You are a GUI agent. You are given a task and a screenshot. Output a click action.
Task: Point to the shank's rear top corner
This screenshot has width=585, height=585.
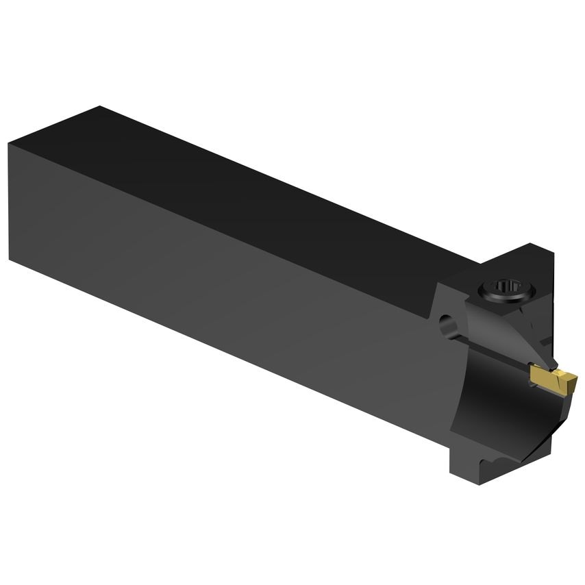pos(100,107)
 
